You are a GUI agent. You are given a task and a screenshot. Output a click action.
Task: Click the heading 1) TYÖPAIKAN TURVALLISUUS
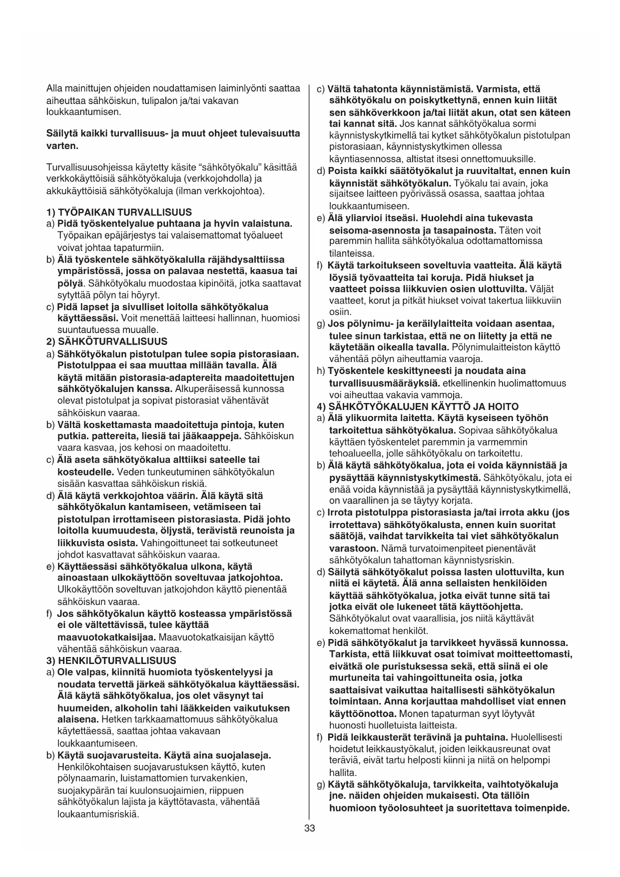(x=118, y=212)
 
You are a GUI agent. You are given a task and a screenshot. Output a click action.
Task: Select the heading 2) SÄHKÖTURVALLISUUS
(x=106, y=342)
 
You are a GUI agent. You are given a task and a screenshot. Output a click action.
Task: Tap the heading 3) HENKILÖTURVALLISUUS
(x=111, y=660)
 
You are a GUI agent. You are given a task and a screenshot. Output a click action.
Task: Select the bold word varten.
(x=59, y=146)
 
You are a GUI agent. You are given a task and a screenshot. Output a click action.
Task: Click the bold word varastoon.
(x=353, y=548)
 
